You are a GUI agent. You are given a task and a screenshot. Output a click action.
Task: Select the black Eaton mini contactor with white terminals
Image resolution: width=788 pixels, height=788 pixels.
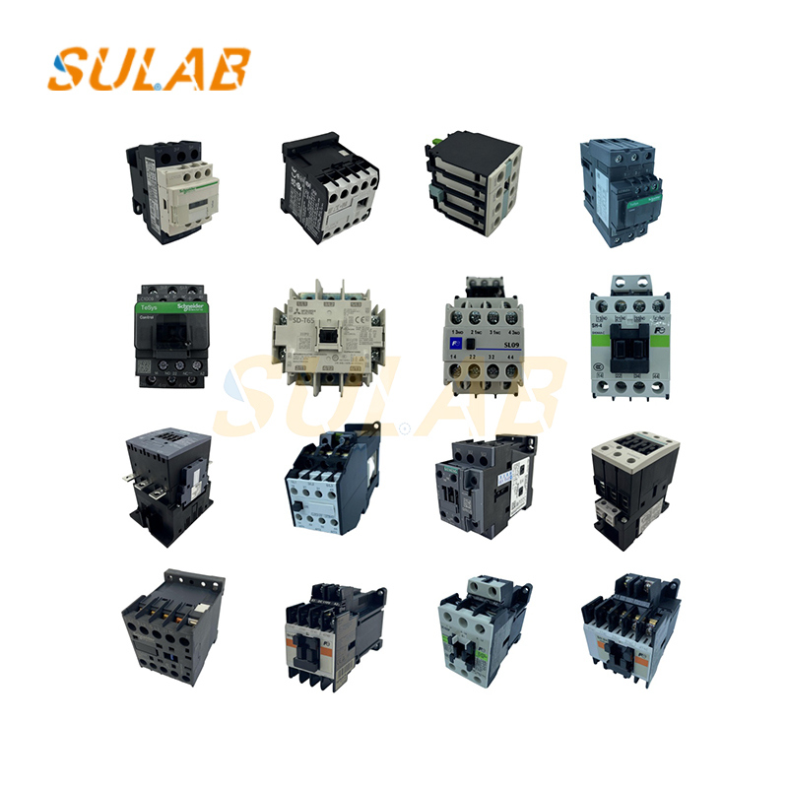(x=325, y=186)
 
